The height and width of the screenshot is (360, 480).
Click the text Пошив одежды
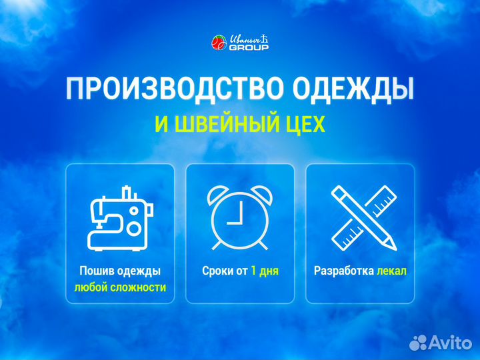(x=120, y=271)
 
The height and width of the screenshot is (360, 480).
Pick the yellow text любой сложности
(x=120, y=288)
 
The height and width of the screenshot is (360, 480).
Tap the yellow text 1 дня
(x=265, y=271)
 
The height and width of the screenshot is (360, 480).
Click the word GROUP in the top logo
(x=249, y=48)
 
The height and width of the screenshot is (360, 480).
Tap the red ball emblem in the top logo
(x=219, y=43)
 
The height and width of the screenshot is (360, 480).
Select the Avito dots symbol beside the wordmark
(x=419, y=342)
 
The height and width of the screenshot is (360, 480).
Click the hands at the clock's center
(x=235, y=219)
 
